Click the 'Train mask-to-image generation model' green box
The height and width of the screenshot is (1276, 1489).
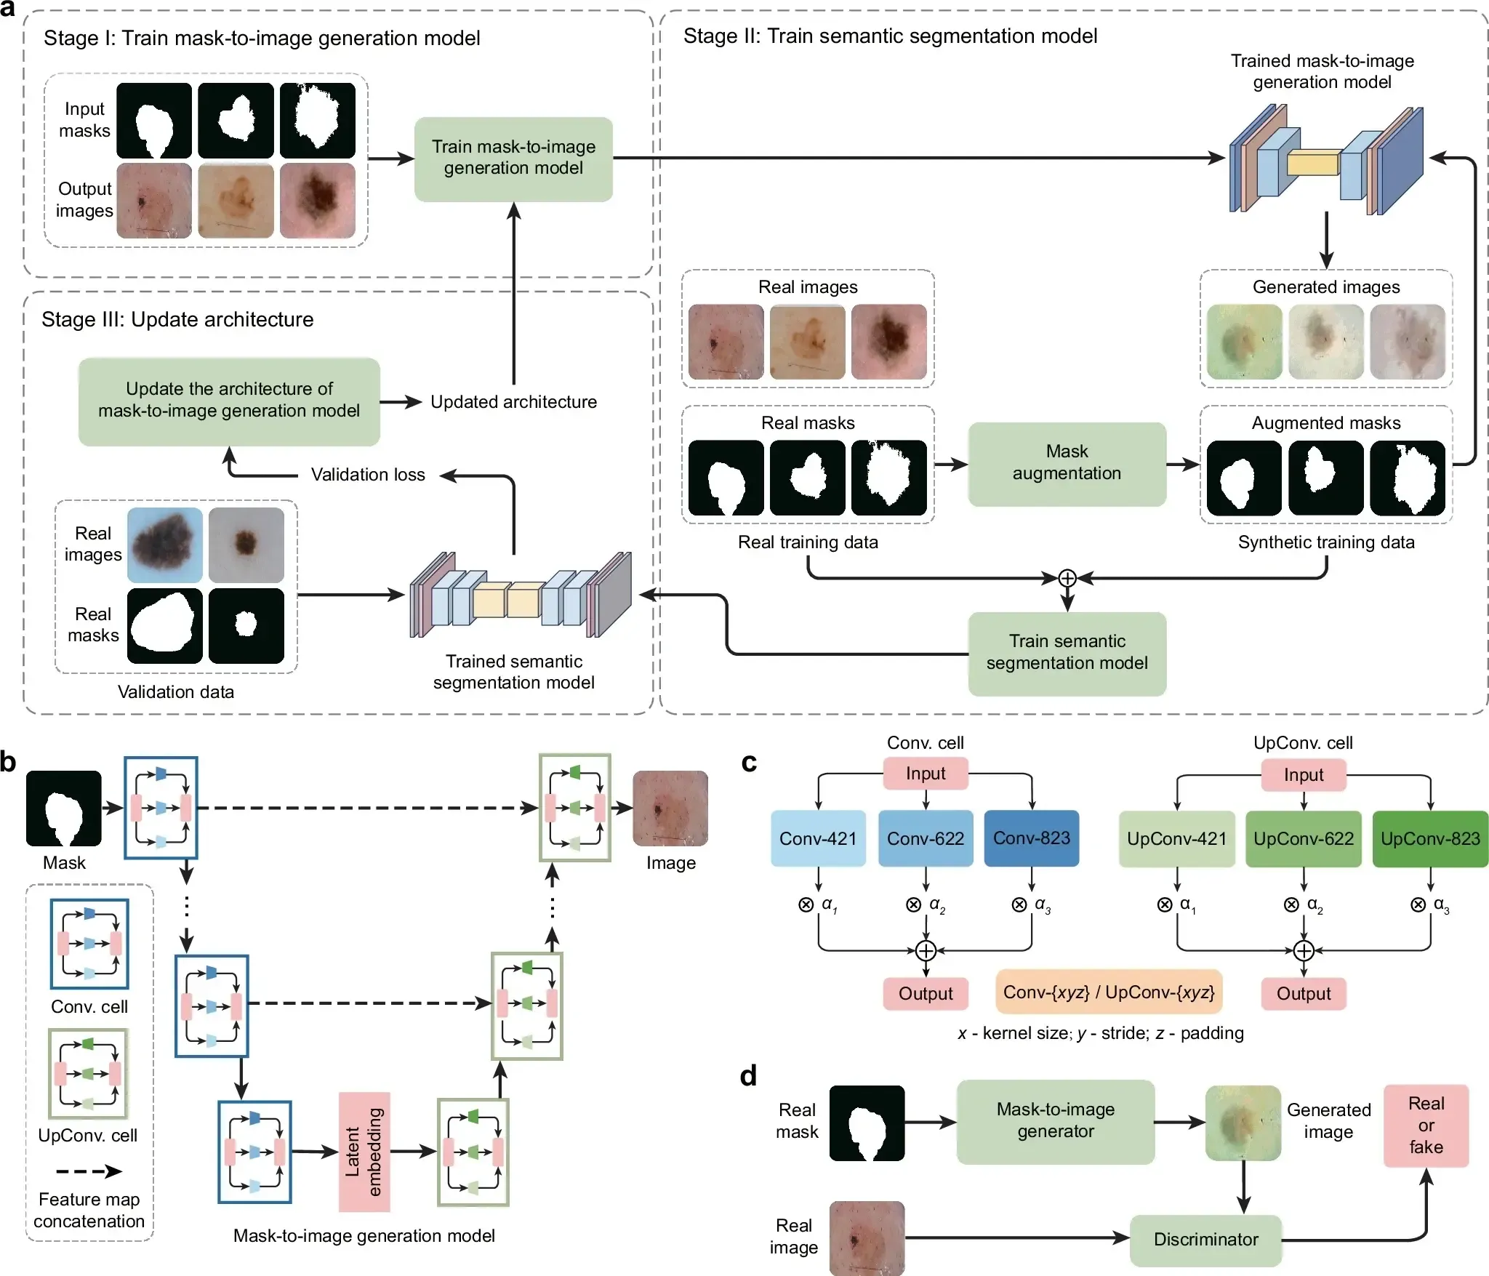pyautogui.click(x=513, y=159)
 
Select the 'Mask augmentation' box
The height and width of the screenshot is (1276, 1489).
pyautogui.click(x=1067, y=463)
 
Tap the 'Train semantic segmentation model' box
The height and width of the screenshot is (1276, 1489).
pyautogui.click(x=1067, y=653)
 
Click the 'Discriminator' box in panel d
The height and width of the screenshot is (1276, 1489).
pyautogui.click(x=1205, y=1240)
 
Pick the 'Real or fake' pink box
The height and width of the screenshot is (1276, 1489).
pyautogui.click(x=1426, y=1125)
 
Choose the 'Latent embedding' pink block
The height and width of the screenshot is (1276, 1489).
pyautogui.click(x=364, y=1152)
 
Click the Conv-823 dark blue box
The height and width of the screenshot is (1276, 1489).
pyautogui.click(x=1031, y=838)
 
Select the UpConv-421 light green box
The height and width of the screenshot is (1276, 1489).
pyautogui.click(x=1176, y=839)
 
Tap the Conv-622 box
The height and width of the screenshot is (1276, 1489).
pyautogui.click(x=925, y=838)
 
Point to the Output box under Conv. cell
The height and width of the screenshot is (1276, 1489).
pyautogui.click(x=925, y=994)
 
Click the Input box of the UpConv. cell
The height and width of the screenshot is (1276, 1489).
pyautogui.click(x=1303, y=775)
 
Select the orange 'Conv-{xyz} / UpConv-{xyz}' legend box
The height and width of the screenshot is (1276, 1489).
pyautogui.click(x=1108, y=992)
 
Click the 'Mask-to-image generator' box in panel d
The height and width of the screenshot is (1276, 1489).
pyautogui.click(x=1055, y=1121)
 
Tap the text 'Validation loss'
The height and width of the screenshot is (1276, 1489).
pyautogui.click(x=368, y=475)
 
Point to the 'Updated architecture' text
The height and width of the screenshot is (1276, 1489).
pyautogui.click(x=513, y=402)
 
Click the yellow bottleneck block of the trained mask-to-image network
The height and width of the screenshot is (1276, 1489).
pyautogui.click(x=1313, y=163)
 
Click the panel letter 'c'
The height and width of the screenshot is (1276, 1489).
pyautogui.click(x=749, y=763)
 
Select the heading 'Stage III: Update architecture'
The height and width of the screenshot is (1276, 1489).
pyautogui.click(x=177, y=320)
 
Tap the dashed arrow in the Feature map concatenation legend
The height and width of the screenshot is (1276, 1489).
pyautogui.click(x=89, y=1171)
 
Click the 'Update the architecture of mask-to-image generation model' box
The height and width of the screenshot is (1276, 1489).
pyautogui.click(x=229, y=401)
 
